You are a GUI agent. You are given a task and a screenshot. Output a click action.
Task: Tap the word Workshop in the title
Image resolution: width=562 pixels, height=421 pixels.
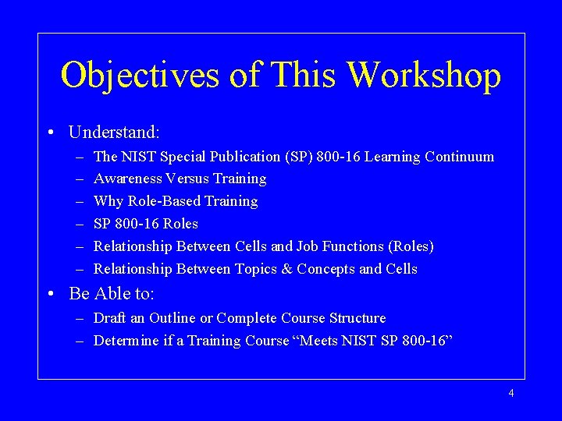pyautogui.click(x=424, y=76)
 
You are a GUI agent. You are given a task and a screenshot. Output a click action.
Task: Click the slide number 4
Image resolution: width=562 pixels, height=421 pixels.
pyautogui.click(x=511, y=393)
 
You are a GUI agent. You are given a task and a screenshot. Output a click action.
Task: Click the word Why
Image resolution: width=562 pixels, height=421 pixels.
pyautogui.click(x=108, y=201)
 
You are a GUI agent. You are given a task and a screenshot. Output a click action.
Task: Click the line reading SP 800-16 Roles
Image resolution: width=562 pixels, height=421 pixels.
pyautogui.click(x=146, y=224)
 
